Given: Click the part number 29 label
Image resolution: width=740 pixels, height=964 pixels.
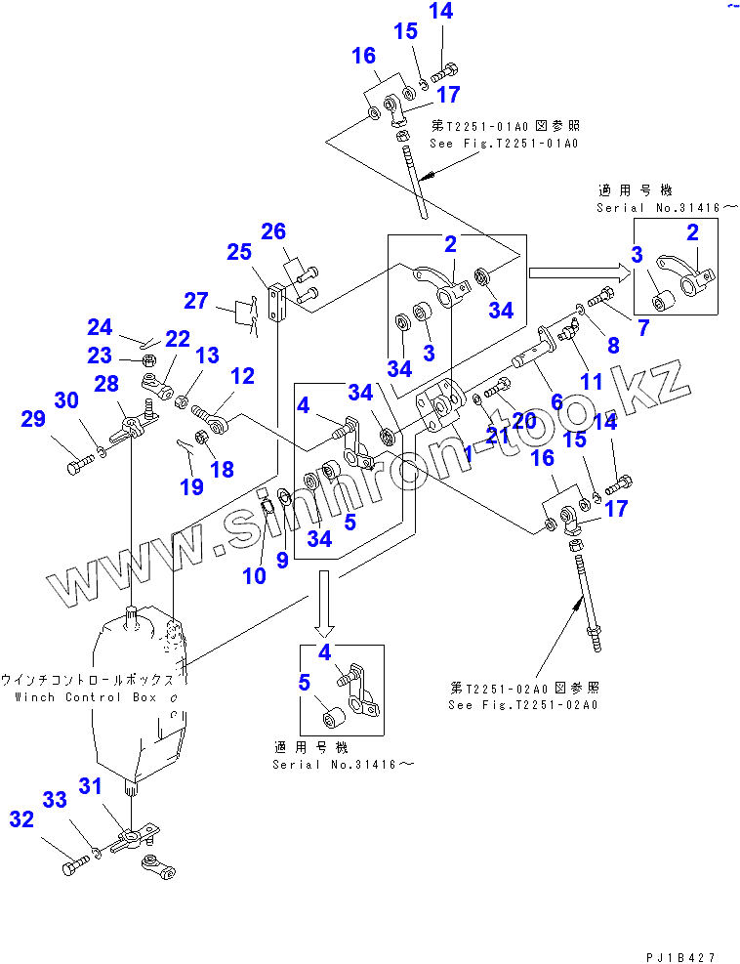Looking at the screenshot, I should coord(33,419).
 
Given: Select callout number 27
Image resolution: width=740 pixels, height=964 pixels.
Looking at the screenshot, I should coord(197,300).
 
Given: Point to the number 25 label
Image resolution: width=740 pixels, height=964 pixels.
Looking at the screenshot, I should coord(239,253).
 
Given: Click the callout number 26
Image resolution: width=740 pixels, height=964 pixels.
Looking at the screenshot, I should coord(273,231).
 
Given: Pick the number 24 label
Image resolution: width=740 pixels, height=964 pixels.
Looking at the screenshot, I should coord(100,326).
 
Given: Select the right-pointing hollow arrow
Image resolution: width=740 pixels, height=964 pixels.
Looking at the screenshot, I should coord(576,272).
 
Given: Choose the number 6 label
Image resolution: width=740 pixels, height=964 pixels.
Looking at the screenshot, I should coord(557,400).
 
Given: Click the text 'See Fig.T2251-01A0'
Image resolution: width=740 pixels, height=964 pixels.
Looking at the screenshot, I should coord(506,143).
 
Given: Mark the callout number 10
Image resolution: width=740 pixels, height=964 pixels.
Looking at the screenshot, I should coord(254,576).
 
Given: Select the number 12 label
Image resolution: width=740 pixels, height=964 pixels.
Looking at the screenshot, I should coord(241,375).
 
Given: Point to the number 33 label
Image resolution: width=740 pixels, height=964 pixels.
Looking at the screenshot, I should coord(56,800).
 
